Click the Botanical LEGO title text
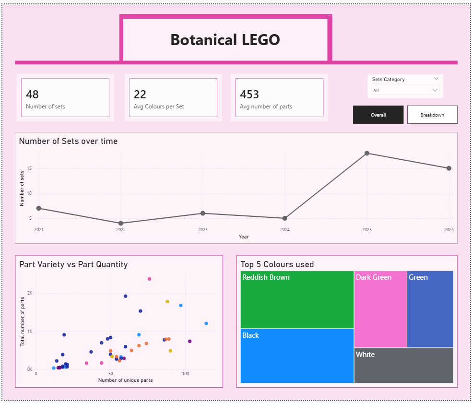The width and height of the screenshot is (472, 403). (225, 40)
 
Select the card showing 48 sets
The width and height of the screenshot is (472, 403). (65, 97)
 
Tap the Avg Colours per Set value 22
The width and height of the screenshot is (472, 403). (140, 94)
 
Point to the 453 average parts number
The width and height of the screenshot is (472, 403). (249, 94)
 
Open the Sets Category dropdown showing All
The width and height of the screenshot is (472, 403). (405, 90)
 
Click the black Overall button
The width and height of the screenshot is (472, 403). (378, 115)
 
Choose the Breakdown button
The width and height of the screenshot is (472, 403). (432, 115)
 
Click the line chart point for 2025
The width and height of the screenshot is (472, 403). (367, 153)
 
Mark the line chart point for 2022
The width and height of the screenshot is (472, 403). (121, 223)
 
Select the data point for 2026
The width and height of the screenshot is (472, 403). (449, 168)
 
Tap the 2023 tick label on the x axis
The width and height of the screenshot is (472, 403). (203, 230)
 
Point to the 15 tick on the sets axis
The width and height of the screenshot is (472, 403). (29, 168)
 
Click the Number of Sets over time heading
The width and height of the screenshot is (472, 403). (68, 141)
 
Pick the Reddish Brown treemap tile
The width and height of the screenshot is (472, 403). (297, 299)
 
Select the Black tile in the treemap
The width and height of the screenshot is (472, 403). (297, 356)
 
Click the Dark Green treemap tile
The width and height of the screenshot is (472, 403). (380, 309)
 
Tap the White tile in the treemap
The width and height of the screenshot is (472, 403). (403, 365)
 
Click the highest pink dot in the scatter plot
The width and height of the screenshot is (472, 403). (150, 279)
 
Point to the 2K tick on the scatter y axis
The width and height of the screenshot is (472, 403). (30, 293)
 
